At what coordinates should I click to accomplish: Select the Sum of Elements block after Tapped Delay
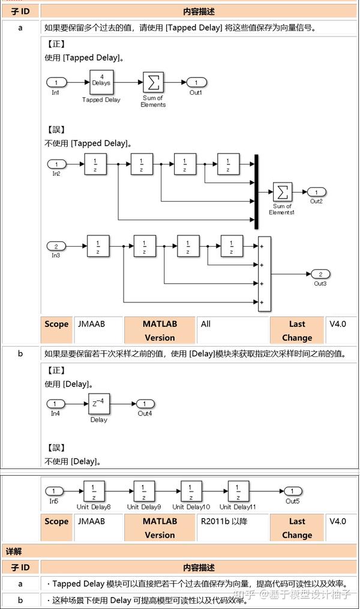153,82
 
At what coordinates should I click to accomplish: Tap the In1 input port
56,82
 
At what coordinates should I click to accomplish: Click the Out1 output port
196,82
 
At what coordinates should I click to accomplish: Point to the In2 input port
56,164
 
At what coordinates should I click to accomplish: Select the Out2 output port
316,192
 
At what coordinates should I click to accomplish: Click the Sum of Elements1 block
283,192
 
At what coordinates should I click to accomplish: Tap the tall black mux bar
256,191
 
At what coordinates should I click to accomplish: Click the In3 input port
56,246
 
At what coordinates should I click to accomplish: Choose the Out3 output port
320,274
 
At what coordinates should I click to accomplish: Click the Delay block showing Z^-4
99,404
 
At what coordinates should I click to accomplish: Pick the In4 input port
56,404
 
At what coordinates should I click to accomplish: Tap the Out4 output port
145,404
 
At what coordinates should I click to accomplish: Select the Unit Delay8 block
94,491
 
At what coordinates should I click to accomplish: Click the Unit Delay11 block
239,491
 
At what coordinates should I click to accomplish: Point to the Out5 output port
292,491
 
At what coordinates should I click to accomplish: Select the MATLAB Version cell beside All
160,330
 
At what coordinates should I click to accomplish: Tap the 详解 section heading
14,551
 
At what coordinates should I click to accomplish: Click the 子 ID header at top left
20,11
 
